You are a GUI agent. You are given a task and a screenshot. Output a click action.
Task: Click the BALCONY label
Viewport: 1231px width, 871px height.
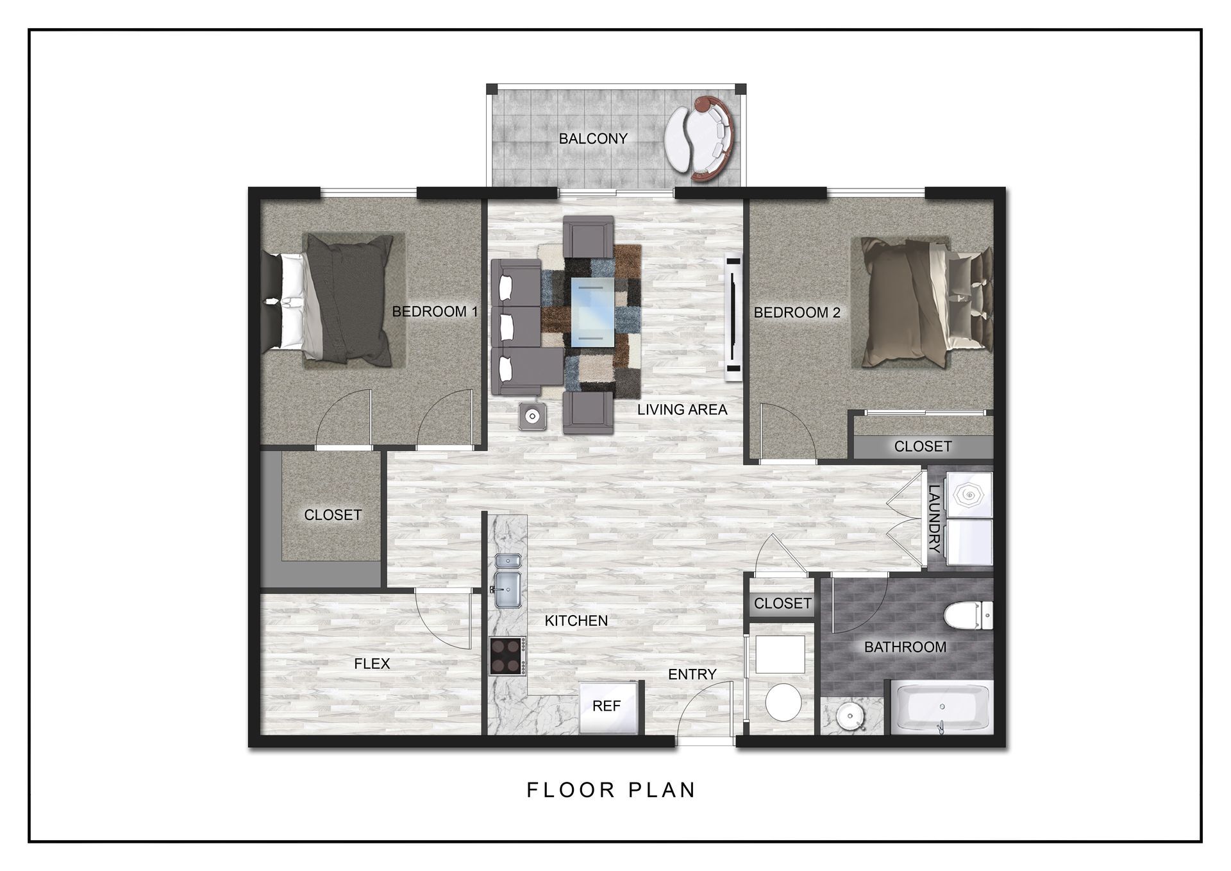click(x=593, y=139)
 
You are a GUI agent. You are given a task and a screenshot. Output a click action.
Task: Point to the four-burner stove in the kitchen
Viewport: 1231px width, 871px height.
click(x=508, y=655)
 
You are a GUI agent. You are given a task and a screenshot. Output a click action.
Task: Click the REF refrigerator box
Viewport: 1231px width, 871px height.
click(x=607, y=707)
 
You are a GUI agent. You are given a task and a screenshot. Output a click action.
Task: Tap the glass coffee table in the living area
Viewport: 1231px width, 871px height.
click(x=592, y=312)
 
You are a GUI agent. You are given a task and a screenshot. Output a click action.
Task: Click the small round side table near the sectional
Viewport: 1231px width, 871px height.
click(x=532, y=416)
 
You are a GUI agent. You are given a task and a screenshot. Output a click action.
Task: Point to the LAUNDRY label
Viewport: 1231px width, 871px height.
click(x=935, y=518)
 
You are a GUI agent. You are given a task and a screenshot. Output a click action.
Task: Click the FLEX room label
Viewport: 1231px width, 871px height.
click(x=372, y=663)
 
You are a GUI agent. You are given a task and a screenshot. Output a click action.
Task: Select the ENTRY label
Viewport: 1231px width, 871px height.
click(x=692, y=674)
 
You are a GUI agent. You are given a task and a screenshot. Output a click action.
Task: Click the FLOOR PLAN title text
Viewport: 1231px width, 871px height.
click(x=611, y=790)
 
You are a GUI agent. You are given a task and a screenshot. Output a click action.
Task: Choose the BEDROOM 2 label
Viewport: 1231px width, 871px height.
click(x=797, y=312)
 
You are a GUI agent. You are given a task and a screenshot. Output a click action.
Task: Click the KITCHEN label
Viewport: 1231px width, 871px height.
click(x=576, y=620)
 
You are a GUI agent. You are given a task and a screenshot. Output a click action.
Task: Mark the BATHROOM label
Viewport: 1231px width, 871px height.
click(x=905, y=647)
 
